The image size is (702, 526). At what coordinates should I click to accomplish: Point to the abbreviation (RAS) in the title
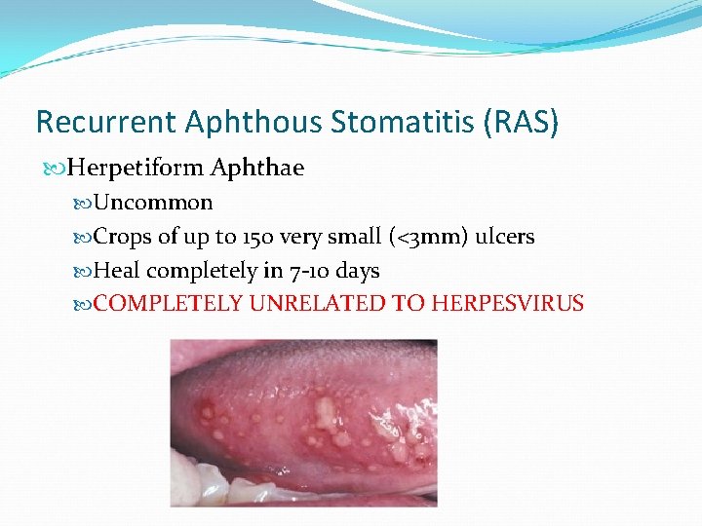pyautogui.click(x=526, y=122)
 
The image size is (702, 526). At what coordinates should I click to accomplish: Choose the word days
pyautogui.click(x=358, y=271)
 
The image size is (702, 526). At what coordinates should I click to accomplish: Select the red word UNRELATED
pyautogui.click(x=318, y=304)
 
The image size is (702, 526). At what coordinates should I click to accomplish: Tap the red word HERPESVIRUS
pyautogui.click(x=508, y=304)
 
